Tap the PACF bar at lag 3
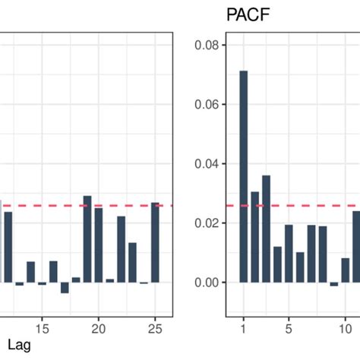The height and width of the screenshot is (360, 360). pyautogui.click(x=266, y=229)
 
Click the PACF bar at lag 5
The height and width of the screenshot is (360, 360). pyautogui.click(x=289, y=253)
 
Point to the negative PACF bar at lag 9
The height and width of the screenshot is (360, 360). pyautogui.click(x=334, y=284)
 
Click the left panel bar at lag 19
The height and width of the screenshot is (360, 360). pyautogui.click(x=87, y=238)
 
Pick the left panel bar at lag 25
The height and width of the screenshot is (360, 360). pyautogui.click(x=155, y=242)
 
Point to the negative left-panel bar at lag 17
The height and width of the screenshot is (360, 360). pyautogui.click(x=65, y=288)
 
